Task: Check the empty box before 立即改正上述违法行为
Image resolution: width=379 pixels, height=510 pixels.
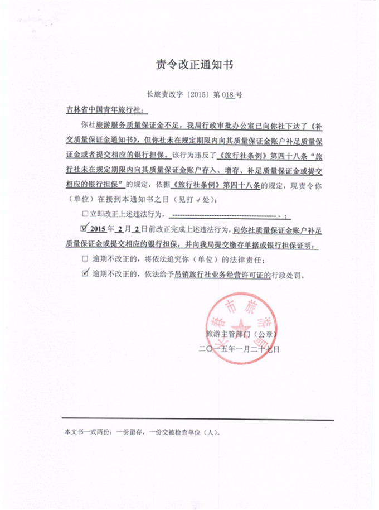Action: [85, 214]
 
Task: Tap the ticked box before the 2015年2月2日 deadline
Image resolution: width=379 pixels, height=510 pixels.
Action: [85, 229]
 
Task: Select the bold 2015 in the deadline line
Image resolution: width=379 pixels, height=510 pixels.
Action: [98, 229]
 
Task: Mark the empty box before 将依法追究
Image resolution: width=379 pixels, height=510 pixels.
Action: [85, 260]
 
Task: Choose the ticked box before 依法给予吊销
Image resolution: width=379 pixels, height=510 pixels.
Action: [85, 275]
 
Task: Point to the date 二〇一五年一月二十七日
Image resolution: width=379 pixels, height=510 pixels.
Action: [239, 349]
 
